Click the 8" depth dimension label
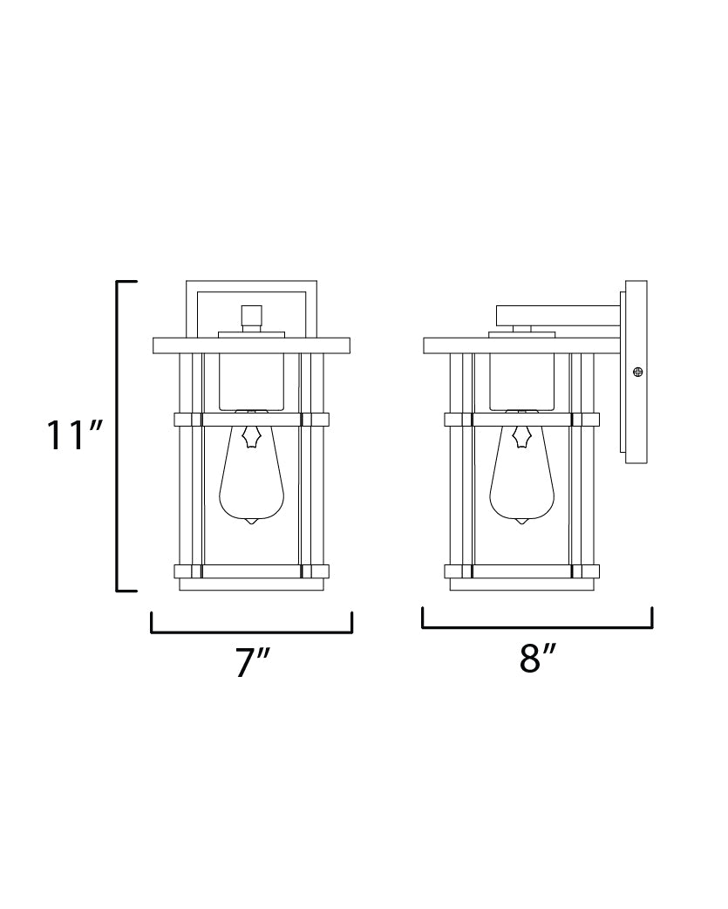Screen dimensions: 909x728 pos(538,659)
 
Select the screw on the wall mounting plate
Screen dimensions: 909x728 pos(638,372)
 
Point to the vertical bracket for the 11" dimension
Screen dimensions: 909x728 pos(119,436)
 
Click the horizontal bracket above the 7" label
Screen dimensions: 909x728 pos(251,632)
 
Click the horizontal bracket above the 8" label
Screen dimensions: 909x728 pos(537,626)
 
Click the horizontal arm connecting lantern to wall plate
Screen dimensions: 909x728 pos(558,314)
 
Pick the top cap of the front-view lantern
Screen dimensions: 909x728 pos(251,345)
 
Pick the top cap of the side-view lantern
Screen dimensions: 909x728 pos(521,345)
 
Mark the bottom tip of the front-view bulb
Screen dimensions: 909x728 pos(252,522)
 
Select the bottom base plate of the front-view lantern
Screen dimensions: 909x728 pos(252,585)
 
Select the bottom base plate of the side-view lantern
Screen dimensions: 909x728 pos(522,585)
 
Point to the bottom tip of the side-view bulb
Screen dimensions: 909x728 pos(522,522)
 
